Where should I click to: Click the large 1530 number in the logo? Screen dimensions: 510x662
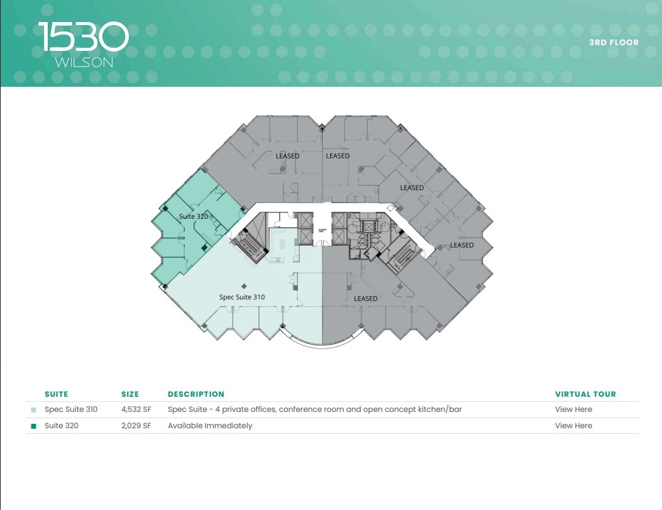[83, 37]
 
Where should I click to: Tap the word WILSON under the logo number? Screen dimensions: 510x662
[84, 62]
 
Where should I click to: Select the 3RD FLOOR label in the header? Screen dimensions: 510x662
[614, 43]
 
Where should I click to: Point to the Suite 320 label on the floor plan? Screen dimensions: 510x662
[194, 216]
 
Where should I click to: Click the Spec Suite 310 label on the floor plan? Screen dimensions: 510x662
[242, 297]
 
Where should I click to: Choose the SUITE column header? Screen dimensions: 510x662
[56, 394]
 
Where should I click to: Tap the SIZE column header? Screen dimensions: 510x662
[130, 394]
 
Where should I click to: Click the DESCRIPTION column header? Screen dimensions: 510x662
[196, 394]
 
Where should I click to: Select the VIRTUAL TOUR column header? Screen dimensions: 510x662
[585, 394]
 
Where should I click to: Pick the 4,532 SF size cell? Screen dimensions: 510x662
[136, 409]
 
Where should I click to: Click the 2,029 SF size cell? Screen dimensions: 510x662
[136, 426]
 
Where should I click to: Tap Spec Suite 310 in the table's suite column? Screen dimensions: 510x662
[71, 409]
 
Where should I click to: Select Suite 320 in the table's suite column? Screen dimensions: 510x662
[62, 426]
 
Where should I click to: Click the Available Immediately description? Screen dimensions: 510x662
[210, 426]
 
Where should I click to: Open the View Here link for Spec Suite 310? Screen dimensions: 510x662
[573, 409]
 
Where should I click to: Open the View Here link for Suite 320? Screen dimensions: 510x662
[573, 426]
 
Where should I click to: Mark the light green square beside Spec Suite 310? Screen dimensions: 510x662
[34, 410]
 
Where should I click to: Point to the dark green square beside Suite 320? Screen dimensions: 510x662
[34, 426]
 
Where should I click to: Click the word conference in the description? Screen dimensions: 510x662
[301, 409]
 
